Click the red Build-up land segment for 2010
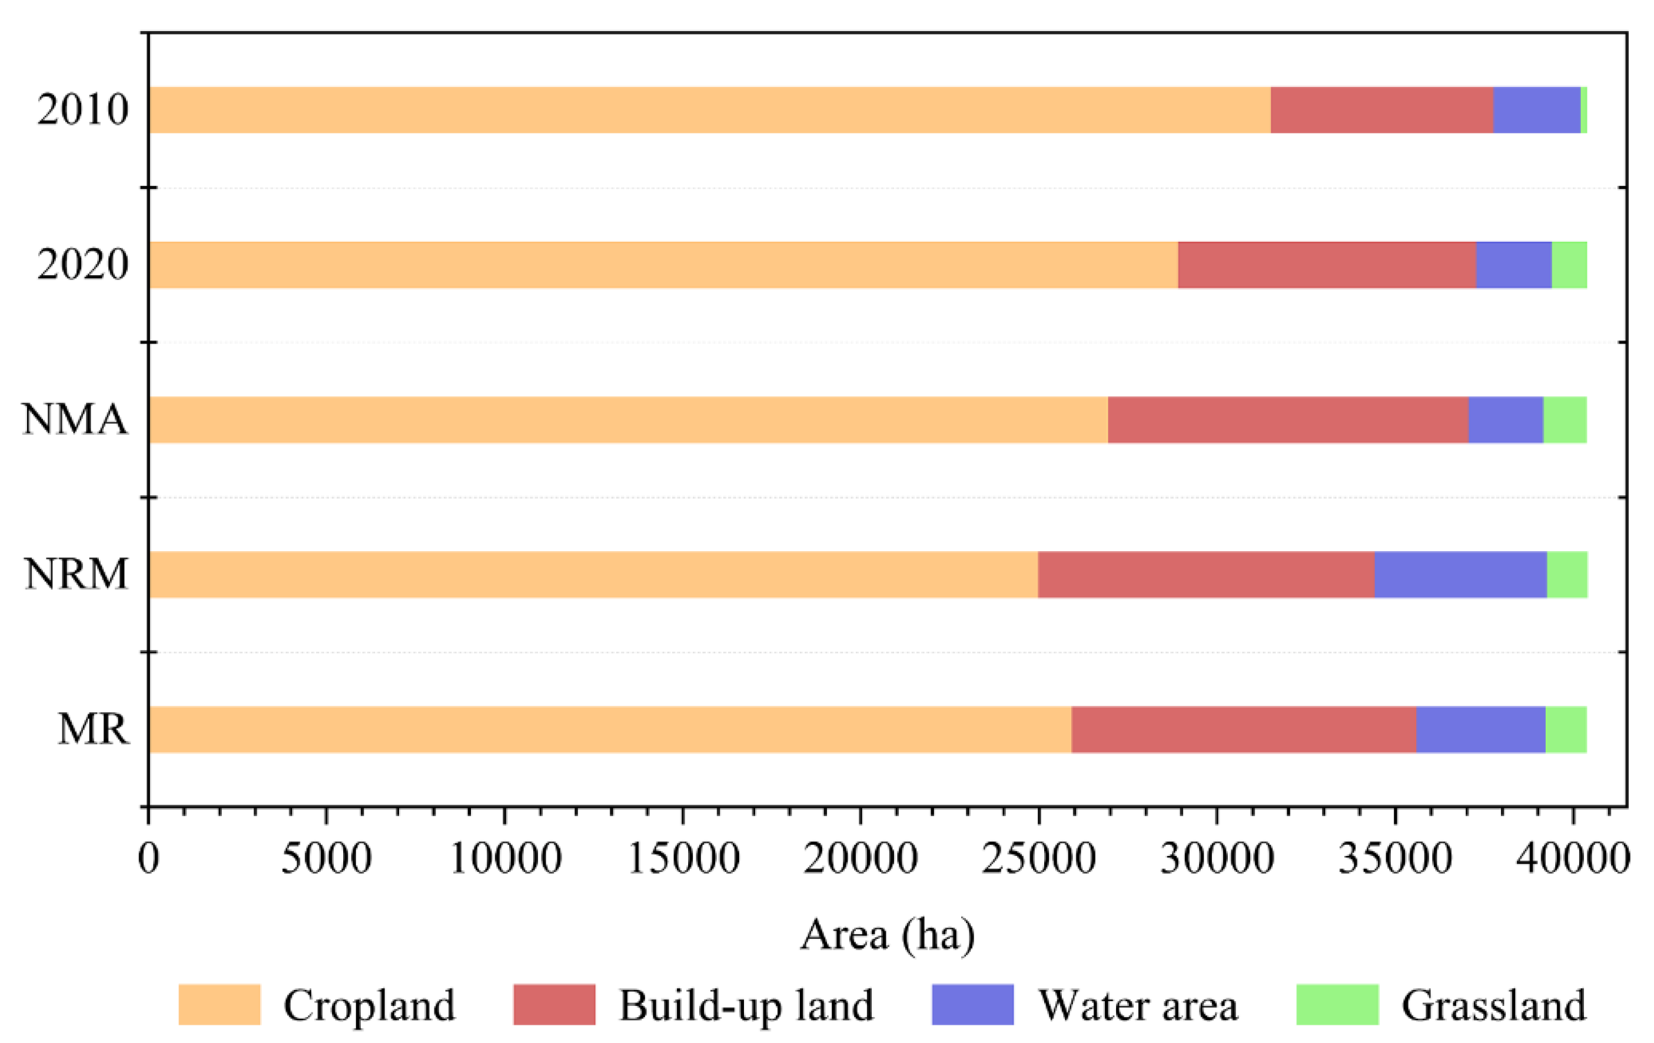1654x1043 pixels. pos(1381,110)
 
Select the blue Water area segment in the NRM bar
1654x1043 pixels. pos(1460,574)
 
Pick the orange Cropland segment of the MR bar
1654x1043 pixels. pos(610,729)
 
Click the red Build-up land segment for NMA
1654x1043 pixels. pos(1288,419)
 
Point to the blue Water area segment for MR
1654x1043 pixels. pos(1480,729)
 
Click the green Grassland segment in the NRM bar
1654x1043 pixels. pos(1567,574)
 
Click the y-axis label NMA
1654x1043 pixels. pos(75,419)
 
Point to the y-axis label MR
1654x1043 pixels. pos(93,729)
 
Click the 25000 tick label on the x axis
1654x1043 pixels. pos(1038,858)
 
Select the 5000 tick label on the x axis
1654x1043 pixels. pos(326,858)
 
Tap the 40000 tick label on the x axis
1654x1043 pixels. pos(1572,858)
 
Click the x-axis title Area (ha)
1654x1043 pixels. pos(888,935)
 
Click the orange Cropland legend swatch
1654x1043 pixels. pos(219,1005)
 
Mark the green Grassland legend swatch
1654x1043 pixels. pos(1337,1005)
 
